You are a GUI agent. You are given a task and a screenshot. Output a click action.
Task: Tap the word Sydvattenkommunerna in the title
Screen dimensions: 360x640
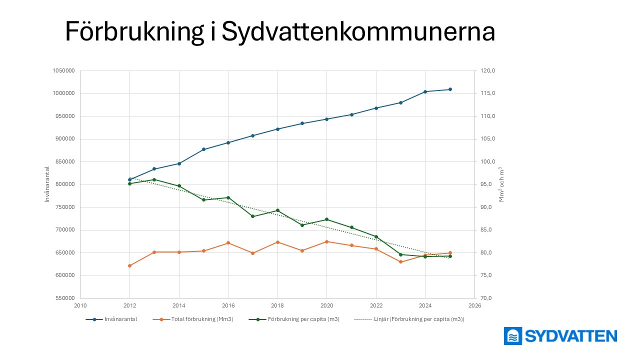[x=358, y=32]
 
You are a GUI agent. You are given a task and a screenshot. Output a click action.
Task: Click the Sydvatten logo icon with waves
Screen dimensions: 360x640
[x=513, y=336]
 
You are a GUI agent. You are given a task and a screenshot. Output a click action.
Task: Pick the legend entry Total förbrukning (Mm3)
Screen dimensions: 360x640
[x=199, y=319]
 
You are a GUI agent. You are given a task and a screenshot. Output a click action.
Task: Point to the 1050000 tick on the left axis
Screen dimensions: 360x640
[x=63, y=71]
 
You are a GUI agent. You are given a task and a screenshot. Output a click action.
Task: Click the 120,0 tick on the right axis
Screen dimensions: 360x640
[x=488, y=71]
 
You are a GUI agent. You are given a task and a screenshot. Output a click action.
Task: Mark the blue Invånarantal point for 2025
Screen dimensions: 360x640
[x=450, y=89]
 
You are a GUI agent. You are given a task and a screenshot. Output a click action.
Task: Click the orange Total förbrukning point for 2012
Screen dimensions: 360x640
[x=129, y=265]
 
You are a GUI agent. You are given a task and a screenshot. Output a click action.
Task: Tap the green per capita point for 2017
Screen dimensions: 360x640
[x=253, y=216]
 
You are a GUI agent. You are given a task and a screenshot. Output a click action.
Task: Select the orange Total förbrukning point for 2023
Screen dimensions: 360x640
[x=400, y=262]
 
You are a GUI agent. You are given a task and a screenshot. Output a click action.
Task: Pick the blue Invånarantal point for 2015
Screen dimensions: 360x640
[x=203, y=149]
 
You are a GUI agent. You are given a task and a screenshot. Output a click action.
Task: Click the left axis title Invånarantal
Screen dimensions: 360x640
[x=47, y=184]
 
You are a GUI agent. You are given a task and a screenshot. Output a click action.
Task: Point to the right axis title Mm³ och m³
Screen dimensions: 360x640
[x=501, y=184]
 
